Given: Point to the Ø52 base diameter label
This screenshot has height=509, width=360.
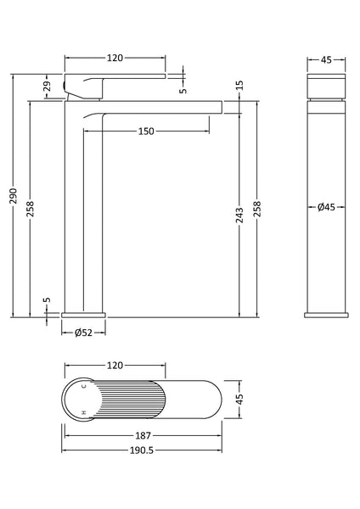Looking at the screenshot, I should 83,333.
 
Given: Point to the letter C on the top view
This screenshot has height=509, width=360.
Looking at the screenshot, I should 83,386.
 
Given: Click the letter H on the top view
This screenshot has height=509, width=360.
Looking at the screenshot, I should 83,412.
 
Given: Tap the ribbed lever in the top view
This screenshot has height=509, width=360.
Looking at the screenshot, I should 127,399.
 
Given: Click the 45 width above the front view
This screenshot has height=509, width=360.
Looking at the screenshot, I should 326,59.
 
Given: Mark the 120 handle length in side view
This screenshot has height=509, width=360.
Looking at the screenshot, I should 115,59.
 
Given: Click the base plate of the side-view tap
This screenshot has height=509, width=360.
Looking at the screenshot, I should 84,315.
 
